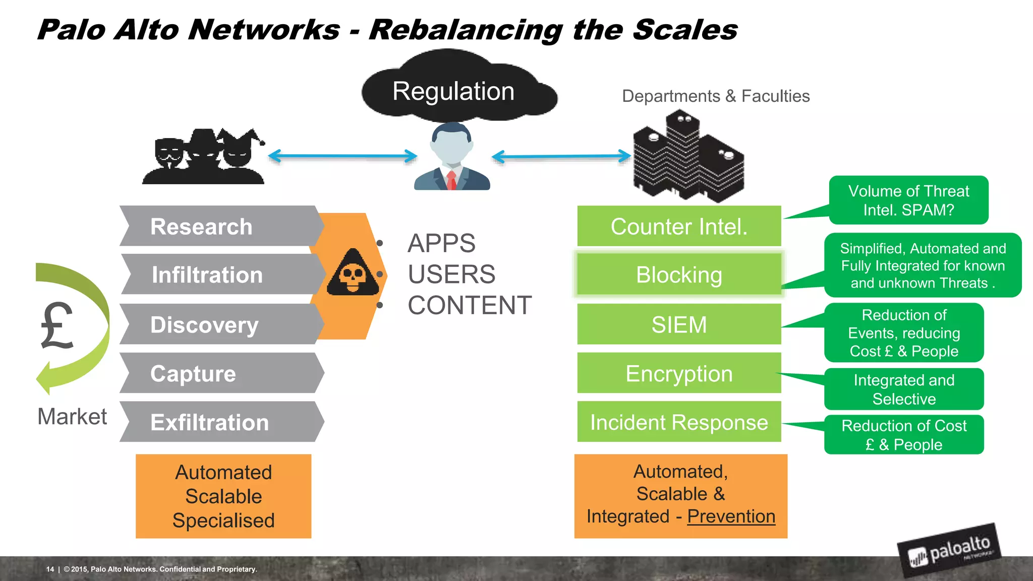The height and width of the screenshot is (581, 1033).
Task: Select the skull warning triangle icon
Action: pyautogui.click(x=353, y=274)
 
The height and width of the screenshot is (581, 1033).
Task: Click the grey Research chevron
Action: pyautogui.click(x=217, y=226)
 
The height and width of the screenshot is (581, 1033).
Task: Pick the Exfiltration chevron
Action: pyautogui.click(x=217, y=422)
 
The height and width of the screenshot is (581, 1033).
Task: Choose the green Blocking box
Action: pyautogui.click(x=679, y=275)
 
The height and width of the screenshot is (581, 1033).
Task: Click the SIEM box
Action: pyautogui.click(x=679, y=324)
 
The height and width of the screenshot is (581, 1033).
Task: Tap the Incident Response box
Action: pyautogui.click(x=679, y=422)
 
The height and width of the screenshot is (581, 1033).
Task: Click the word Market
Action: pyautogui.click(x=72, y=417)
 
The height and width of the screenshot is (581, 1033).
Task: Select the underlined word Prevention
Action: pyautogui.click(x=731, y=516)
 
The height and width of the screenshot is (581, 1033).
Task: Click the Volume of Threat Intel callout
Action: pyautogui.click(x=908, y=200)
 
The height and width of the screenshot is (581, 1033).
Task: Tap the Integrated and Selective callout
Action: pyautogui.click(x=904, y=389)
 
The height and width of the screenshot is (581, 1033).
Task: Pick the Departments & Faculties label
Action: pyautogui.click(x=716, y=96)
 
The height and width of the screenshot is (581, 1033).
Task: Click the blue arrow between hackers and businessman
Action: pyautogui.click(x=342, y=156)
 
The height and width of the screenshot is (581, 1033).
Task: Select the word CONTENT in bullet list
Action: pyautogui.click(x=469, y=306)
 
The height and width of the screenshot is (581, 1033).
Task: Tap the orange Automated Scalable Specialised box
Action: pyautogui.click(x=223, y=496)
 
